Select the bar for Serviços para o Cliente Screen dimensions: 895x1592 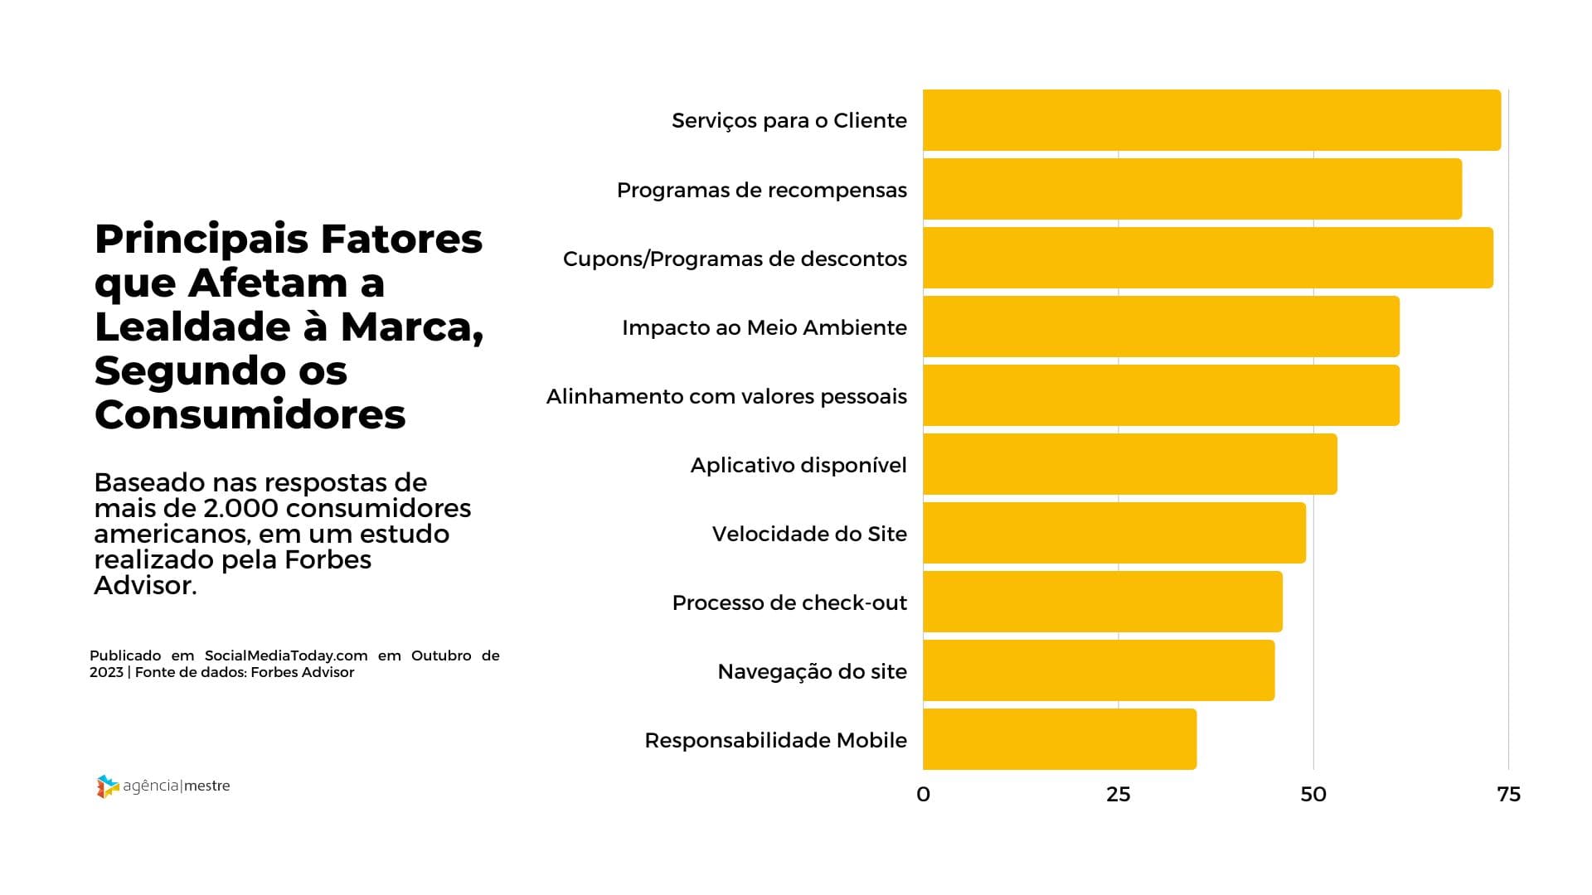(1211, 120)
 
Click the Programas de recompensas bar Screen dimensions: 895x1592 (1192, 189)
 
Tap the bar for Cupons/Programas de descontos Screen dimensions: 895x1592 (1207, 258)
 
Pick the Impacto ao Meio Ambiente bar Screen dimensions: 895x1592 (1161, 327)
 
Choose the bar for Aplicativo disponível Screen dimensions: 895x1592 (1129, 464)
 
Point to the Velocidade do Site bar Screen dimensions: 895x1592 (1114, 533)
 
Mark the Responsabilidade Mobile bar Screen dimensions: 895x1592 (1059, 739)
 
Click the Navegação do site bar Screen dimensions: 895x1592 (1098, 670)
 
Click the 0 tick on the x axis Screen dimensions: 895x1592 (923, 794)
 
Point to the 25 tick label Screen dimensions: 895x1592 (1118, 794)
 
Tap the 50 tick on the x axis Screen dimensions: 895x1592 (1313, 794)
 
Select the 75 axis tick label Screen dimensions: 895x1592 (1508, 794)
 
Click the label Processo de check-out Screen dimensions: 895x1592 (789, 602)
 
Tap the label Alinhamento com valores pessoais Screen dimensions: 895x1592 (726, 396)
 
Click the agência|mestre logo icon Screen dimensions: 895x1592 (108, 786)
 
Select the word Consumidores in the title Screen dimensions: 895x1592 (250, 414)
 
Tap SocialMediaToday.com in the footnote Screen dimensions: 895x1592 (286, 656)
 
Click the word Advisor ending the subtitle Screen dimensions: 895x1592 (143, 585)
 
